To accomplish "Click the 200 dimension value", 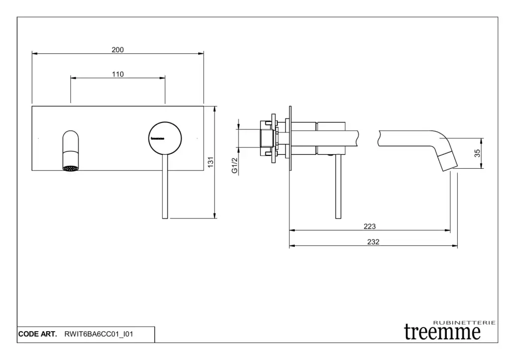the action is click(x=118, y=50).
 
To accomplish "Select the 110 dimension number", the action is click(x=118, y=74).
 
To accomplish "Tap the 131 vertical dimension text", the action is click(x=211, y=162).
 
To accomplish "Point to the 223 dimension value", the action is click(x=370, y=227).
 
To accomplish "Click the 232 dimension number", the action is click(x=373, y=242).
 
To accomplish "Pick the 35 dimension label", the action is click(x=477, y=153).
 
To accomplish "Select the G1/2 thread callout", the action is click(x=235, y=165).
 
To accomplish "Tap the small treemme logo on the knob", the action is click(x=157, y=138).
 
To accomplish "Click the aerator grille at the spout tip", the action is click(x=70, y=168).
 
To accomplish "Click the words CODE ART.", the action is click(x=37, y=334).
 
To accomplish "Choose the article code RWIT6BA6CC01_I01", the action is click(x=99, y=334).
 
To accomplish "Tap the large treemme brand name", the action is click(x=442, y=332).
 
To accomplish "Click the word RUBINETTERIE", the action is click(x=465, y=323).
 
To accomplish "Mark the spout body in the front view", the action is click(x=70, y=150).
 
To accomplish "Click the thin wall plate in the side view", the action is click(x=290, y=138).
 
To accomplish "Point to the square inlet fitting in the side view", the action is click(x=267, y=138).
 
